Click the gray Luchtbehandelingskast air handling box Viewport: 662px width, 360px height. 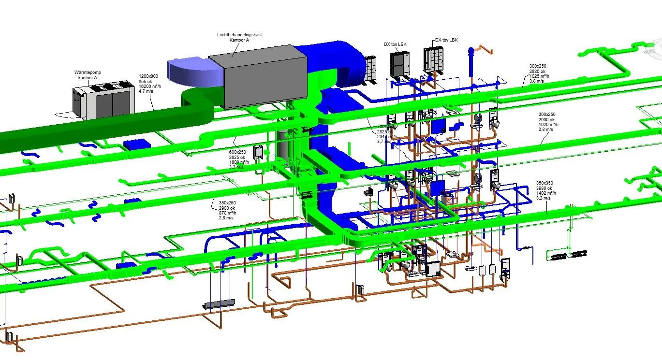(x=259, y=77)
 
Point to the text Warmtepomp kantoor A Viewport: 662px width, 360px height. (x=86, y=75)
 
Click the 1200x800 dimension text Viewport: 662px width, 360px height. (x=148, y=76)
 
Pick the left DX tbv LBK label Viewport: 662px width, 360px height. (x=395, y=44)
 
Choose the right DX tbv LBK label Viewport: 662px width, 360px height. (x=446, y=40)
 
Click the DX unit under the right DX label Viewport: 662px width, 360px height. (x=434, y=60)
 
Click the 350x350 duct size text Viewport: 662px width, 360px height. (x=544, y=183)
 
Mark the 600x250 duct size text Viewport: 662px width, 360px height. (x=237, y=152)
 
